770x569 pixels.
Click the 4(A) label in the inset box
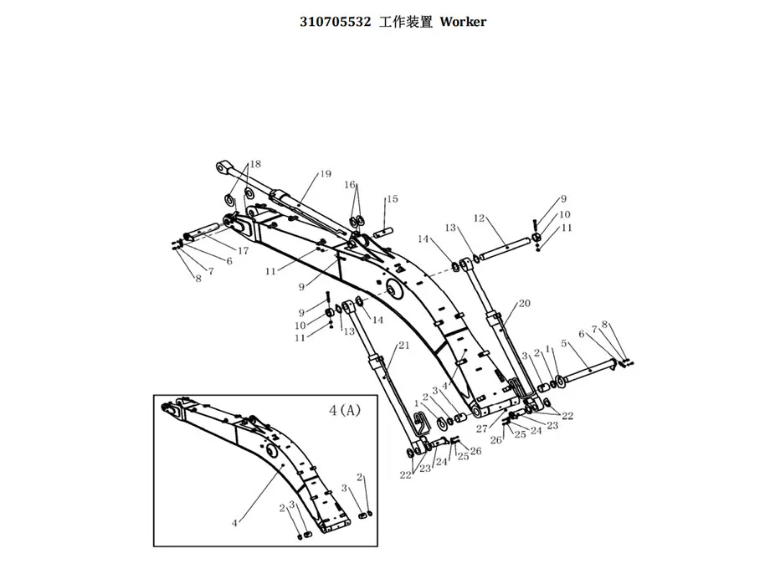(344, 411)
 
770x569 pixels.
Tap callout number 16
(350, 185)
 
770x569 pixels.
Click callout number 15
(392, 199)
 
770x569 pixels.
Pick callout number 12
(480, 218)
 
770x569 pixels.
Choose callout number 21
(404, 345)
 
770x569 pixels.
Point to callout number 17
(243, 250)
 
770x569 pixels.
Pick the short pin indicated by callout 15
(386, 231)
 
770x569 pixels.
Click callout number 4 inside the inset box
(235, 523)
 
